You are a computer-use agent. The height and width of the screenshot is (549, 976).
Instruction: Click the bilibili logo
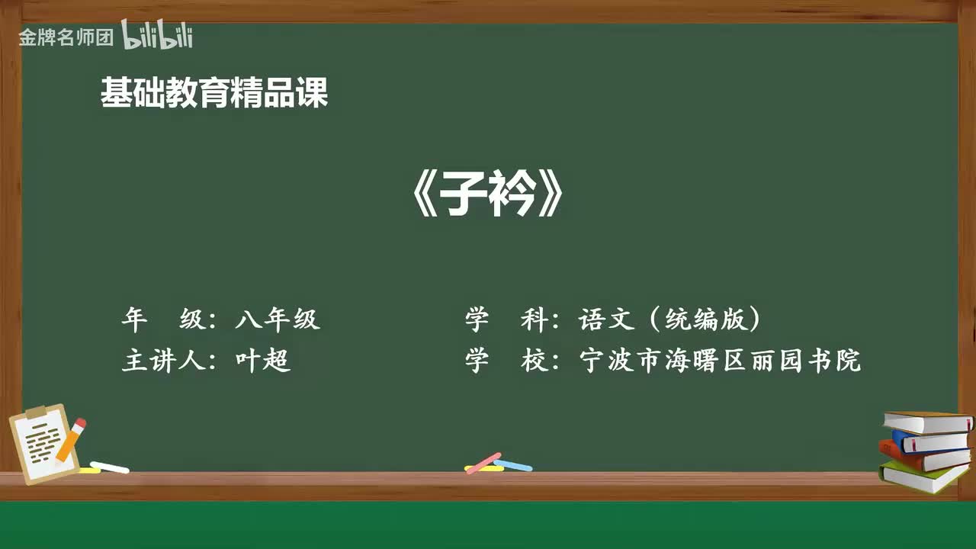coord(157,35)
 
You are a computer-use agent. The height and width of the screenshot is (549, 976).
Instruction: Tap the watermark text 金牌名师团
coord(66,37)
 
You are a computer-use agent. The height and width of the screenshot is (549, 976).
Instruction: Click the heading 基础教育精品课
coord(214,94)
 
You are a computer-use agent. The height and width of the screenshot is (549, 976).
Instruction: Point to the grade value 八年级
coord(278,319)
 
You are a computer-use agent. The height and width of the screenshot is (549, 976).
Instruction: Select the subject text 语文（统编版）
coord(670,319)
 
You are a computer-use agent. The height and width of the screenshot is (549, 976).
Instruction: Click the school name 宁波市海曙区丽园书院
coord(720,360)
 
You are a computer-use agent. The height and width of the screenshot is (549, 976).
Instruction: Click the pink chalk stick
coord(483,462)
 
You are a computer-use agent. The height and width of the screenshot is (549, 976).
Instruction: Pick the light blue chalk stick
coord(513,464)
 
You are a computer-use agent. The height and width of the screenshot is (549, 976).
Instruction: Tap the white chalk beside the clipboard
coord(110,467)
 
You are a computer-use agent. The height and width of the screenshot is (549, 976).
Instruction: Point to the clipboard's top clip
coord(37,413)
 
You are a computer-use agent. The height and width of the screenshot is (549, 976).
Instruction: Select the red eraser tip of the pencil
coord(80,423)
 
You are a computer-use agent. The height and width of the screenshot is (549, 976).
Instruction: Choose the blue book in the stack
coord(930,441)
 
